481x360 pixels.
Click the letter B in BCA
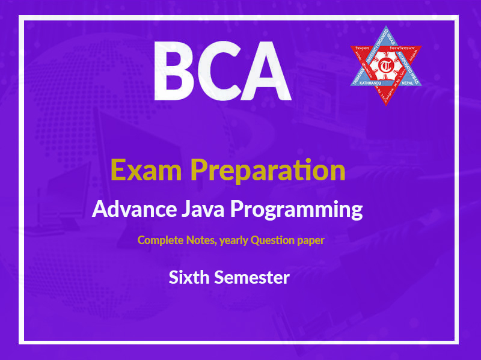178,71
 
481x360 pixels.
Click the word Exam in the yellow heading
146,170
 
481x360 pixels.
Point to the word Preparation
268,171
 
